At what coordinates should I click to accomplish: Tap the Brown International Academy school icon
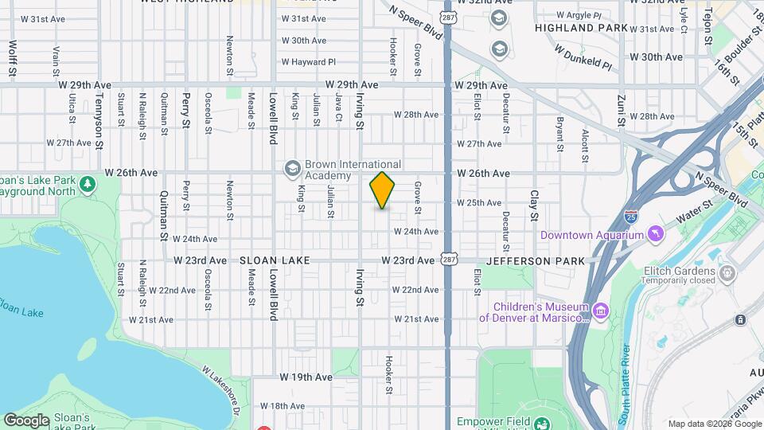(x=293, y=167)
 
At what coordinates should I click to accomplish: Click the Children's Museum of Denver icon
(x=600, y=310)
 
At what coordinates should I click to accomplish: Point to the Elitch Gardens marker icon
(x=727, y=274)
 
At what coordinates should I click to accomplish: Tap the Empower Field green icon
(x=541, y=422)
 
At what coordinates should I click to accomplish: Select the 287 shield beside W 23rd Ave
(x=449, y=260)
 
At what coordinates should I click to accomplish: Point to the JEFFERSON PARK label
(x=535, y=260)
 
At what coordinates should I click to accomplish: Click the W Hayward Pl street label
(x=309, y=61)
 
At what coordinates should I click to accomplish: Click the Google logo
(x=26, y=420)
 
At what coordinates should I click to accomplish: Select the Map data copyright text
(x=713, y=424)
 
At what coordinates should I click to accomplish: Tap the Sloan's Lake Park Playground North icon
(x=87, y=185)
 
